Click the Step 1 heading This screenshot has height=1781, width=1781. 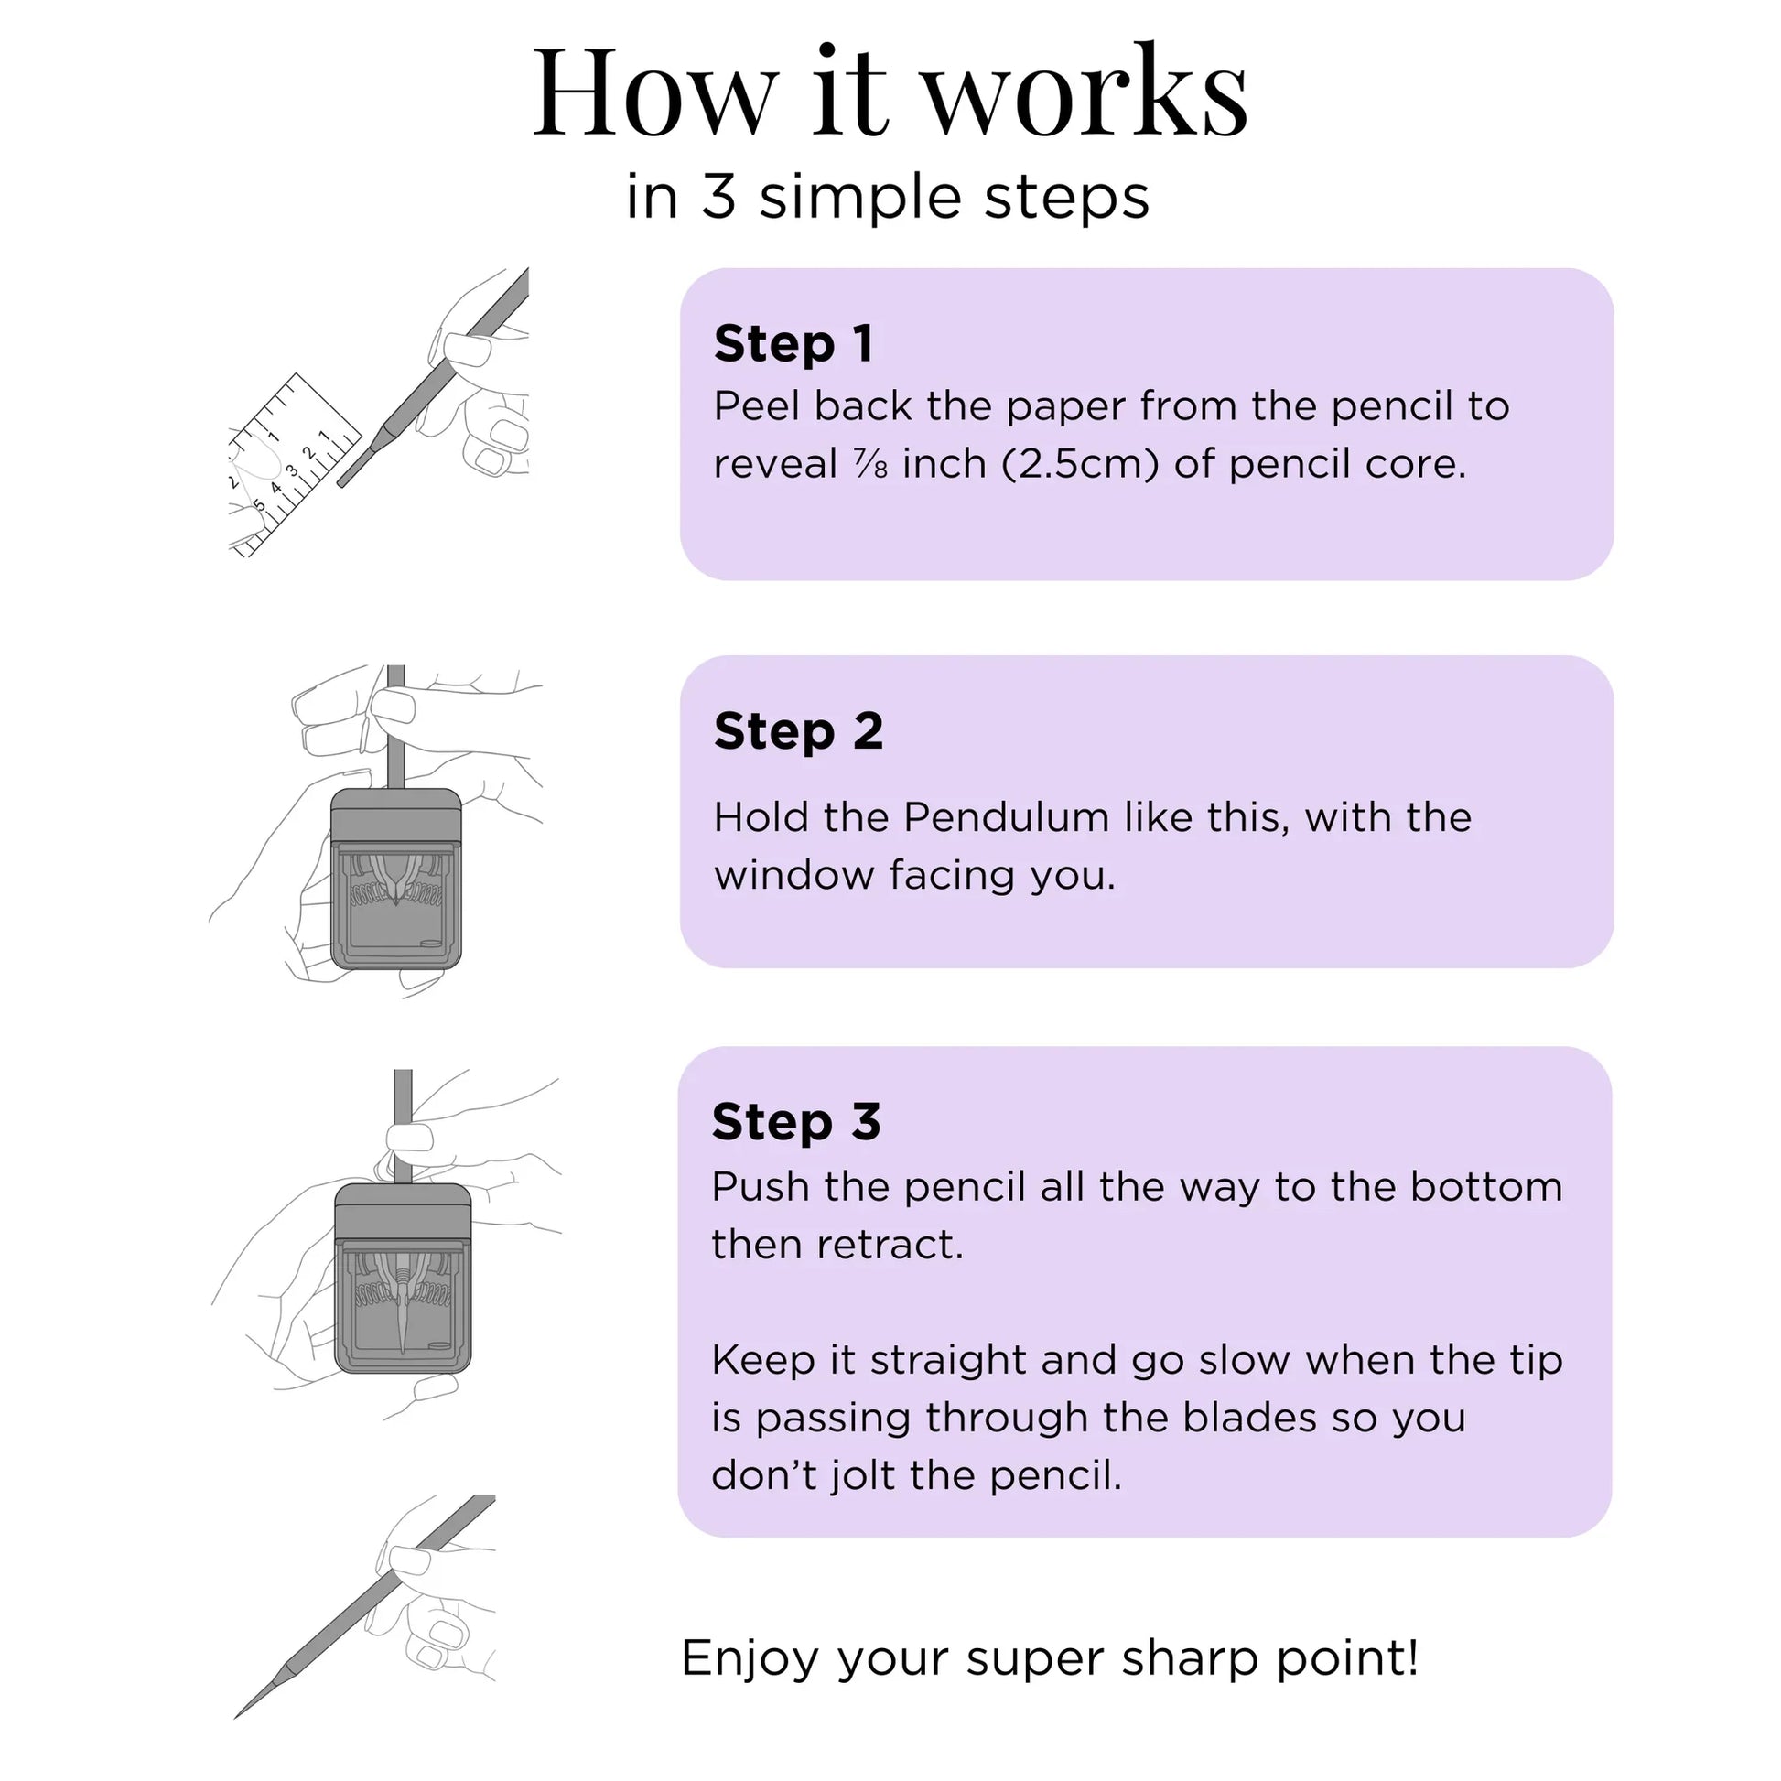coord(793,343)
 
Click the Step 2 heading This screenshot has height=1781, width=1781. coord(798,731)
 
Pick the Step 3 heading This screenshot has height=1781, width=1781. coord(796,1121)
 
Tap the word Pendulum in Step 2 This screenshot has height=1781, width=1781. coord(1007,817)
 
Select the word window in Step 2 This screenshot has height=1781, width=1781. coord(794,875)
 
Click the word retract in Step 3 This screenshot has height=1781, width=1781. coord(890,1246)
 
